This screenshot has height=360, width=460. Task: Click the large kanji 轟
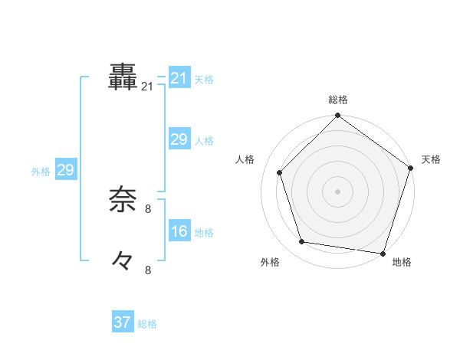pos(123,77)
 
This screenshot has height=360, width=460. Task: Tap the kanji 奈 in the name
pos(123,200)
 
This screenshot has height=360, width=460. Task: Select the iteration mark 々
pos(123,260)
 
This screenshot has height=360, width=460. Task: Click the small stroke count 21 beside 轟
pos(147,87)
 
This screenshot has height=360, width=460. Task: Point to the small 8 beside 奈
pos(148,208)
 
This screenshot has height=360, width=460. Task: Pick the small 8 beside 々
pos(148,270)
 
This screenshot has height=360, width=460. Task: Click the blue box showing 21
pos(179,78)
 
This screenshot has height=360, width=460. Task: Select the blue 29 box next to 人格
pos(179,139)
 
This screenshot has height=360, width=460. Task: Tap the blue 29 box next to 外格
pos(65,170)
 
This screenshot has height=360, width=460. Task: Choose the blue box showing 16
pos(179,231)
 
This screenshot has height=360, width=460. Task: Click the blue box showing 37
pos(123,322)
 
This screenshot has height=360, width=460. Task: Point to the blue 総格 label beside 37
pos(147,324)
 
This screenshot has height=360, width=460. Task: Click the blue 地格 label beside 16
pos(204,233)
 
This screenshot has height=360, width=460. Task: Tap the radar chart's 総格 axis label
pos(338,100)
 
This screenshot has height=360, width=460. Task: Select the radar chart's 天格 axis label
pos(431,159)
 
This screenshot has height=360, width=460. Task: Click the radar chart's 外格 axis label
pos(270,262)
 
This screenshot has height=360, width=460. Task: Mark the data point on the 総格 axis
pos(338,116)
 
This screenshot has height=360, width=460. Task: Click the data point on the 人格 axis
pos(280,172)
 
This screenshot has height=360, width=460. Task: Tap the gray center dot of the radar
pos(338,191)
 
